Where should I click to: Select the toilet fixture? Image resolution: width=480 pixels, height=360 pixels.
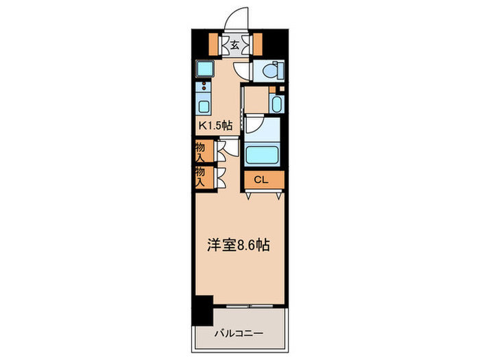270,70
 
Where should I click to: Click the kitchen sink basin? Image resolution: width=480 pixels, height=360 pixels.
204,106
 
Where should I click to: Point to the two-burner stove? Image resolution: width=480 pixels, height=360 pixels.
204,88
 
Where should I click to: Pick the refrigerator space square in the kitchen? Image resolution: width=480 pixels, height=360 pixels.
204,69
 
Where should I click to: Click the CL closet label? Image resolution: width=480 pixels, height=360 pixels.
261,180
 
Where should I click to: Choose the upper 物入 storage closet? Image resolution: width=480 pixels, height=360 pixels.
202,150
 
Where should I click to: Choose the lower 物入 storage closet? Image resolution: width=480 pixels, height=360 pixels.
202,177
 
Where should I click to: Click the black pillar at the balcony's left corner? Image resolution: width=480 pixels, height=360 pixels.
202,311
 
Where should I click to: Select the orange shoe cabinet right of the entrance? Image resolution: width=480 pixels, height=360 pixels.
259,44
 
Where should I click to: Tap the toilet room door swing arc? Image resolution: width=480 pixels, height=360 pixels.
242,69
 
